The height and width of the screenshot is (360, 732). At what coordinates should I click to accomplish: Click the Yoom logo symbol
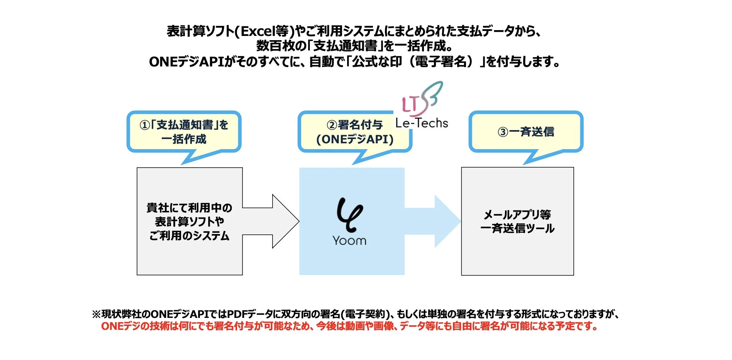coord(349,215)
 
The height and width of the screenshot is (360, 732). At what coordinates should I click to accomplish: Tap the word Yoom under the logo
coord(349,241)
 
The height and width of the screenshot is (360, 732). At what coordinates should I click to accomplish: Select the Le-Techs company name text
coord(422,123)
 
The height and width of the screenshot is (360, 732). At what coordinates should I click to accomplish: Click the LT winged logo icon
coord(422,98)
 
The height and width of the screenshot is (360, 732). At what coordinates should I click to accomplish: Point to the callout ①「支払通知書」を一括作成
coord(184,132)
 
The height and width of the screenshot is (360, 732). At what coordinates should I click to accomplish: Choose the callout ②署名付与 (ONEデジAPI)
coord(355,132)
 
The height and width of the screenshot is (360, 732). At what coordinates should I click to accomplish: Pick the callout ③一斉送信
coord(526,132)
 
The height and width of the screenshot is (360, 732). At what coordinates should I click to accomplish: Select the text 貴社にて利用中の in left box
coord(189,208)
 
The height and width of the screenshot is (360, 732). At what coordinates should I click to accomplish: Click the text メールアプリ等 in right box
coord(517,214)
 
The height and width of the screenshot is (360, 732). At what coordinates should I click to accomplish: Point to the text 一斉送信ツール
coord(517,229)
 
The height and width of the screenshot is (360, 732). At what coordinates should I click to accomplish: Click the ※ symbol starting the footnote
coord(96,314)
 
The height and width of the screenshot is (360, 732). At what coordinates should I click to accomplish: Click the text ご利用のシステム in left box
coord(189,236)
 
